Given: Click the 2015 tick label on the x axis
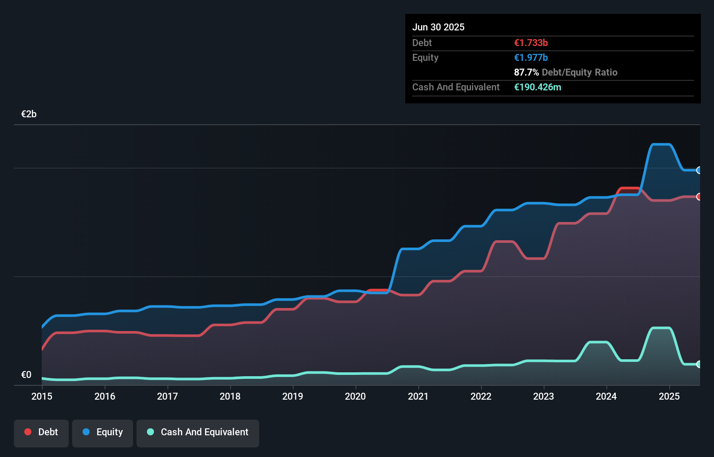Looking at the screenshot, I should click(42, 396).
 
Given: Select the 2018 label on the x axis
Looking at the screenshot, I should click(230, 396).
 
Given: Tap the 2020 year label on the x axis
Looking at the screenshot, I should click(355, 396).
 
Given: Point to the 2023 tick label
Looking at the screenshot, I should click(544, 396).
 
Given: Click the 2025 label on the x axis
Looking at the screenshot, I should click(669, 396).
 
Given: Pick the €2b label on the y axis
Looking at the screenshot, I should click(29, 114).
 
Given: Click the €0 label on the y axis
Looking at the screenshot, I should click(26, 374).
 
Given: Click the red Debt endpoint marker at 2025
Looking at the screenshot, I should click(699, 197).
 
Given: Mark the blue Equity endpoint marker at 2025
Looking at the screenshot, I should click(699, 170).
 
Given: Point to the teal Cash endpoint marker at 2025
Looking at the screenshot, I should click(699, 364).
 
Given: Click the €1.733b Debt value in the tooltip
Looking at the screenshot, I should click(531, 43).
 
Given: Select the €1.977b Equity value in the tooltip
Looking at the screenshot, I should click(531, 57).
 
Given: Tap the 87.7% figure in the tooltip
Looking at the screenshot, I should click(526, 72).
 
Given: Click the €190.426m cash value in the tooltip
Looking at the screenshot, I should click(537, 87).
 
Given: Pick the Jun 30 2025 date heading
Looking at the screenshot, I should click(438, 27).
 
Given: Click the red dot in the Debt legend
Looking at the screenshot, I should click(28, 432).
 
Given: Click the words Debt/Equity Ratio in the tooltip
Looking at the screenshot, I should click(580, 72).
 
